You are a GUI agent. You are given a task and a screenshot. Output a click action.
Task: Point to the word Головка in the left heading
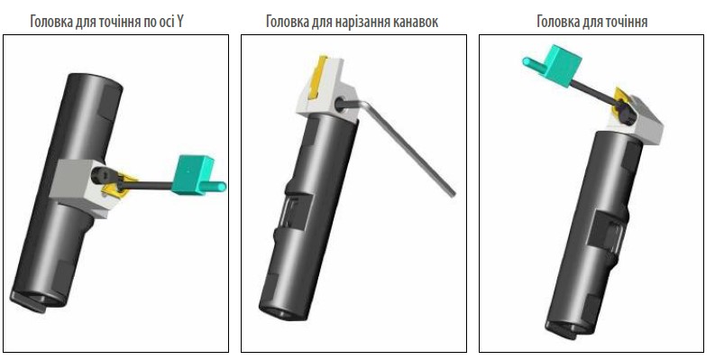pyautogui.click(x=51, y=22)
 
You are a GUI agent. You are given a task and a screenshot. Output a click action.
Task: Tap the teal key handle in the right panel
pyautogui.click(x=553, y=65)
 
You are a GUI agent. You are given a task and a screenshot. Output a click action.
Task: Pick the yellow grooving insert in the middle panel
pyautogui.click(x=318, y=76)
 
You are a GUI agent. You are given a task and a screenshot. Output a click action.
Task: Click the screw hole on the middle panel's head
pyautogui.click(x=341, y=104)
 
